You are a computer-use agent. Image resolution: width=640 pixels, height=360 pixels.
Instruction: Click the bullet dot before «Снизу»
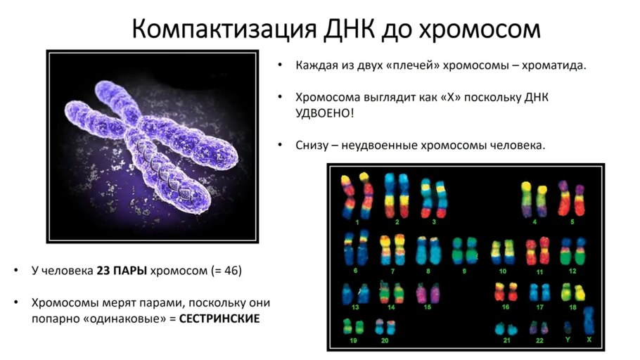coord(280,145)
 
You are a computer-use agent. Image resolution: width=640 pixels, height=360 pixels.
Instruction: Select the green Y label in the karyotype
coord(568,339)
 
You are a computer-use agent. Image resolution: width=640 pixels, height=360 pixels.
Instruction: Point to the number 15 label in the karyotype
coord(428,307)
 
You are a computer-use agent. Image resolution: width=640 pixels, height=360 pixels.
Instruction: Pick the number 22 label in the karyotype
coord(539,340)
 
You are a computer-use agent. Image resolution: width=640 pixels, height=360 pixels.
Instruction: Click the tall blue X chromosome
coord(588,320)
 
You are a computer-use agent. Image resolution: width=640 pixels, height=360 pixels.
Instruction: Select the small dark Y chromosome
coord(568,327)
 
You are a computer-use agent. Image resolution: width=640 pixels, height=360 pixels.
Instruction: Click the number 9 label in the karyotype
coord(464,271)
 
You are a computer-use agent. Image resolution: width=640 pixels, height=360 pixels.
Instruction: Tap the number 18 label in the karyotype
coord(573,307)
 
